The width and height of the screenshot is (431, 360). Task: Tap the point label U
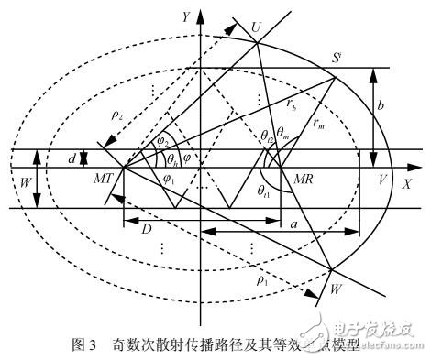pos(256,27)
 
